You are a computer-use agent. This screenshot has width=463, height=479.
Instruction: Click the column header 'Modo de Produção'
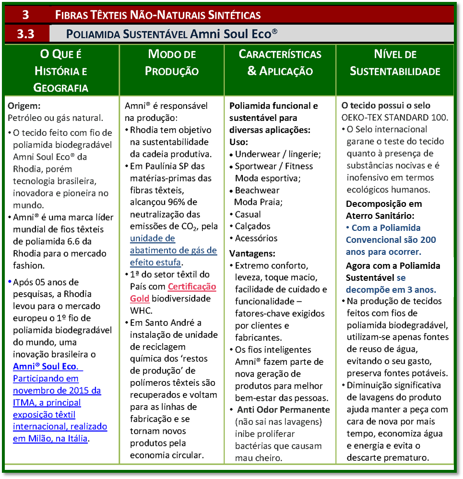click(x=172, y=62)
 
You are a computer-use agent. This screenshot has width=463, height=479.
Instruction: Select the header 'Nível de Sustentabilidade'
click(x=395, y=62)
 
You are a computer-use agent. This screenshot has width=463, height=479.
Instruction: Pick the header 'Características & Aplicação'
click(x=280, y=62)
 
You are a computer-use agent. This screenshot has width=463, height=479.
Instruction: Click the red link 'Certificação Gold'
click(x=191, y=292)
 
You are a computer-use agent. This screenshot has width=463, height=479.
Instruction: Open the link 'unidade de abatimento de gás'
click(x=173, y=250)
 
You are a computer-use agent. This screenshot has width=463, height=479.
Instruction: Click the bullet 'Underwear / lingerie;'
click(x=278, y=154)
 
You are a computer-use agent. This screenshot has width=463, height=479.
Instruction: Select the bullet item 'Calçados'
click(x=253, y=226)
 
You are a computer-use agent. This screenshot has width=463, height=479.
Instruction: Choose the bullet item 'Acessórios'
click(x=256, y=238)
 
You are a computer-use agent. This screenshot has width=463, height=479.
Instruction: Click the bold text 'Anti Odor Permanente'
click(x=284, y=410)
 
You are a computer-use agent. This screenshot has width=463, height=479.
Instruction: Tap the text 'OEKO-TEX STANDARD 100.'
click(x=395, y=117)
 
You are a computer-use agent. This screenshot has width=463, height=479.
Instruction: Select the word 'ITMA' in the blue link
click(x=23, y=402)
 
